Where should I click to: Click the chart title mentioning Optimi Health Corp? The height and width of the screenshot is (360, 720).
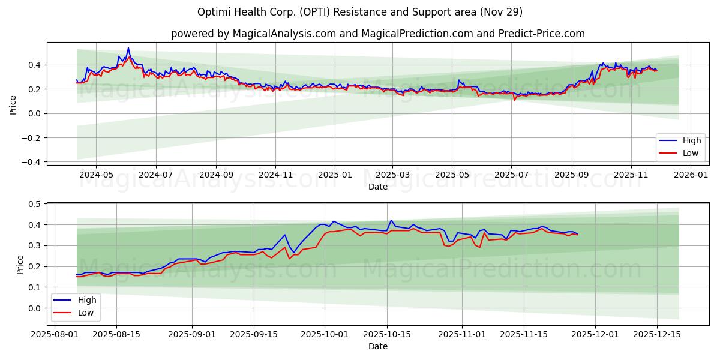360,12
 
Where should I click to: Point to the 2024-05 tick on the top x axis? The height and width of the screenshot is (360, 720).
96,175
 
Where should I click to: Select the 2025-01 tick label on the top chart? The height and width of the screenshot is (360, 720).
334,175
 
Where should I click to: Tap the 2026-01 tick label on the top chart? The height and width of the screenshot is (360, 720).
691,175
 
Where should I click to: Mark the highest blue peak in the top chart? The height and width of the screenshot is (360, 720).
128,48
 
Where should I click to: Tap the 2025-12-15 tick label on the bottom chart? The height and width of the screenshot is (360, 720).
657,334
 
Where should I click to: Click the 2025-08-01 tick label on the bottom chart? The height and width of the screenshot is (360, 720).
55,334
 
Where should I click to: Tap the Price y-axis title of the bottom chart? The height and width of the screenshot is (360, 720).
20,264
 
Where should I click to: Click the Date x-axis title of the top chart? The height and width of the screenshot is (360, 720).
378,187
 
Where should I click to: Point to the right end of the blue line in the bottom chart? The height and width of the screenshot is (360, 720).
577,234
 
